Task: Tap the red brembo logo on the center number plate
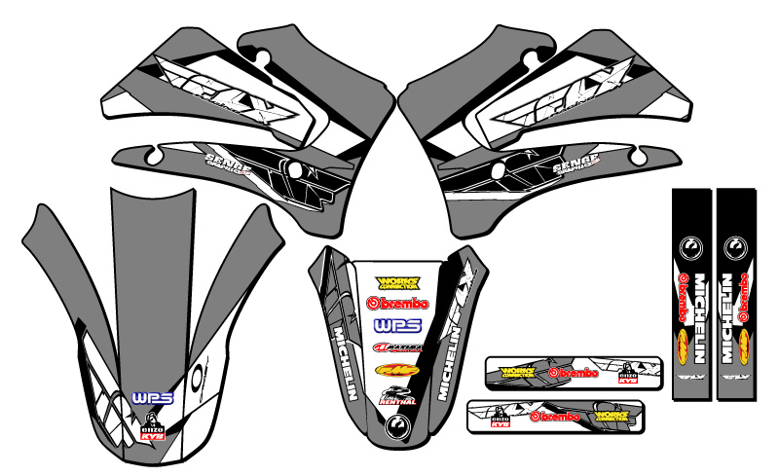398,303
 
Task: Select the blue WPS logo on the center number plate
398,324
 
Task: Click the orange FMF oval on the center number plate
398,370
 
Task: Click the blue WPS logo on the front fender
145,398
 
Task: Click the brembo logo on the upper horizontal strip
565,372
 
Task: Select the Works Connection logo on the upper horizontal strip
516,371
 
